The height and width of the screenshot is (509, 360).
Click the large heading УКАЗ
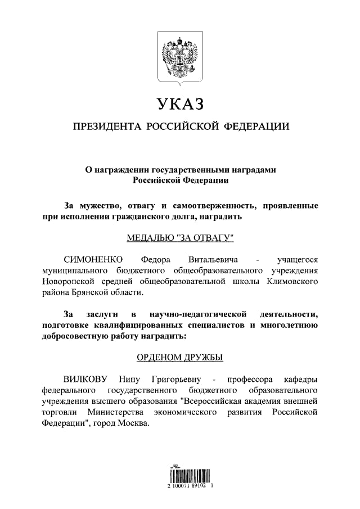point(180,105)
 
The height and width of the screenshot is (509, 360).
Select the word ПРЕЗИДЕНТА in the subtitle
point(106,127)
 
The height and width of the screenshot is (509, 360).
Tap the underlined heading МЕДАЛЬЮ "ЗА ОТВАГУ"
point(180,237)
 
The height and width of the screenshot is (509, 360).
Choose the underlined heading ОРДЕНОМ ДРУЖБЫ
point(180,357)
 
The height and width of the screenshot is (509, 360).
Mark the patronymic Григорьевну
point(178,379)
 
